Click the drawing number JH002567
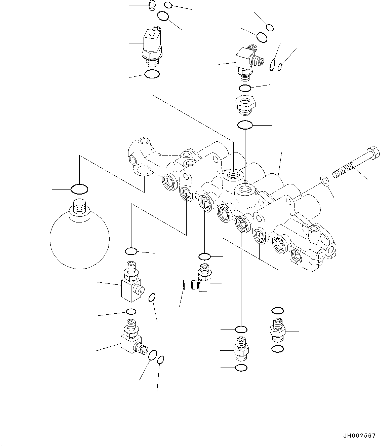(359, 436)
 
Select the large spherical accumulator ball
(79, 242)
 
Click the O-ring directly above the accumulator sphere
(79, 189)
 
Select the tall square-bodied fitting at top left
(152, 44)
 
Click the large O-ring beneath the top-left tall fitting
(152, 74)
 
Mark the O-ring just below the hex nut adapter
(245, 125)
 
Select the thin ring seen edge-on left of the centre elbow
(184, 285)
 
